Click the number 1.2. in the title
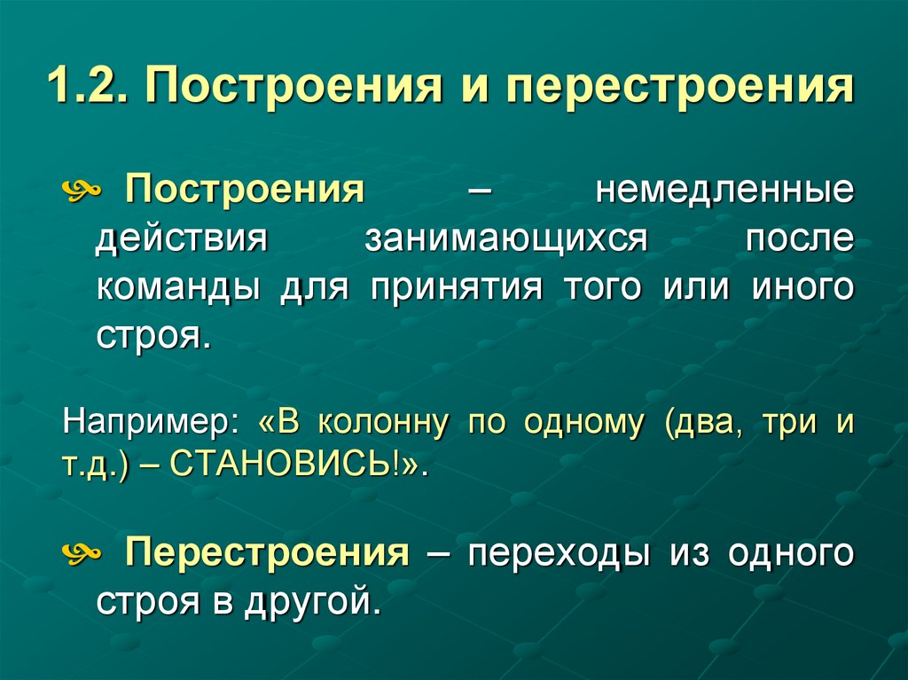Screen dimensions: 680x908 click(x=89, y=90)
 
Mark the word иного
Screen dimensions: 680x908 click(x=803, y=288)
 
